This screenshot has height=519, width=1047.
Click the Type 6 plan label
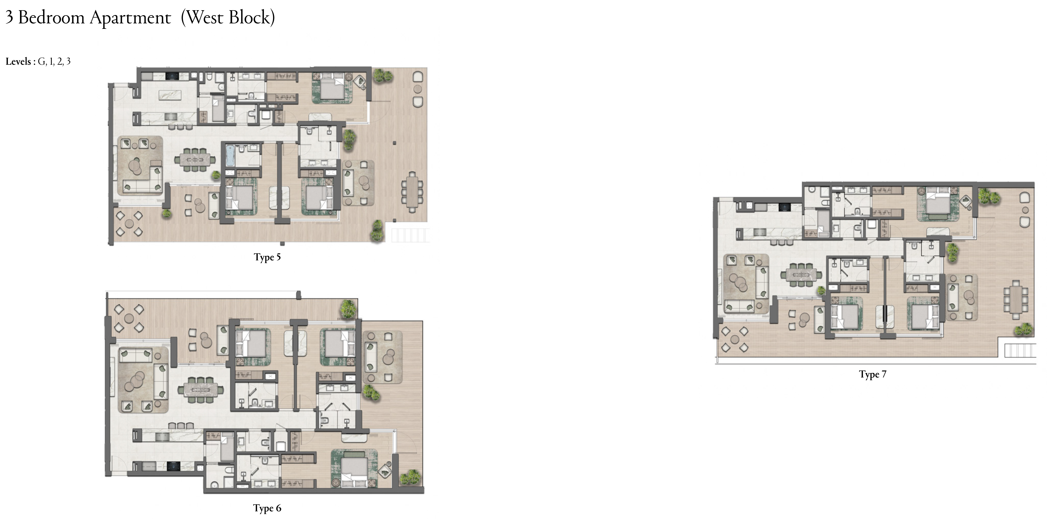[x=267, y=508]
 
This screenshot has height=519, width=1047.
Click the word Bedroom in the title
[x=51, y=18]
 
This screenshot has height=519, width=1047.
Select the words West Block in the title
[x=228, y=18]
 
